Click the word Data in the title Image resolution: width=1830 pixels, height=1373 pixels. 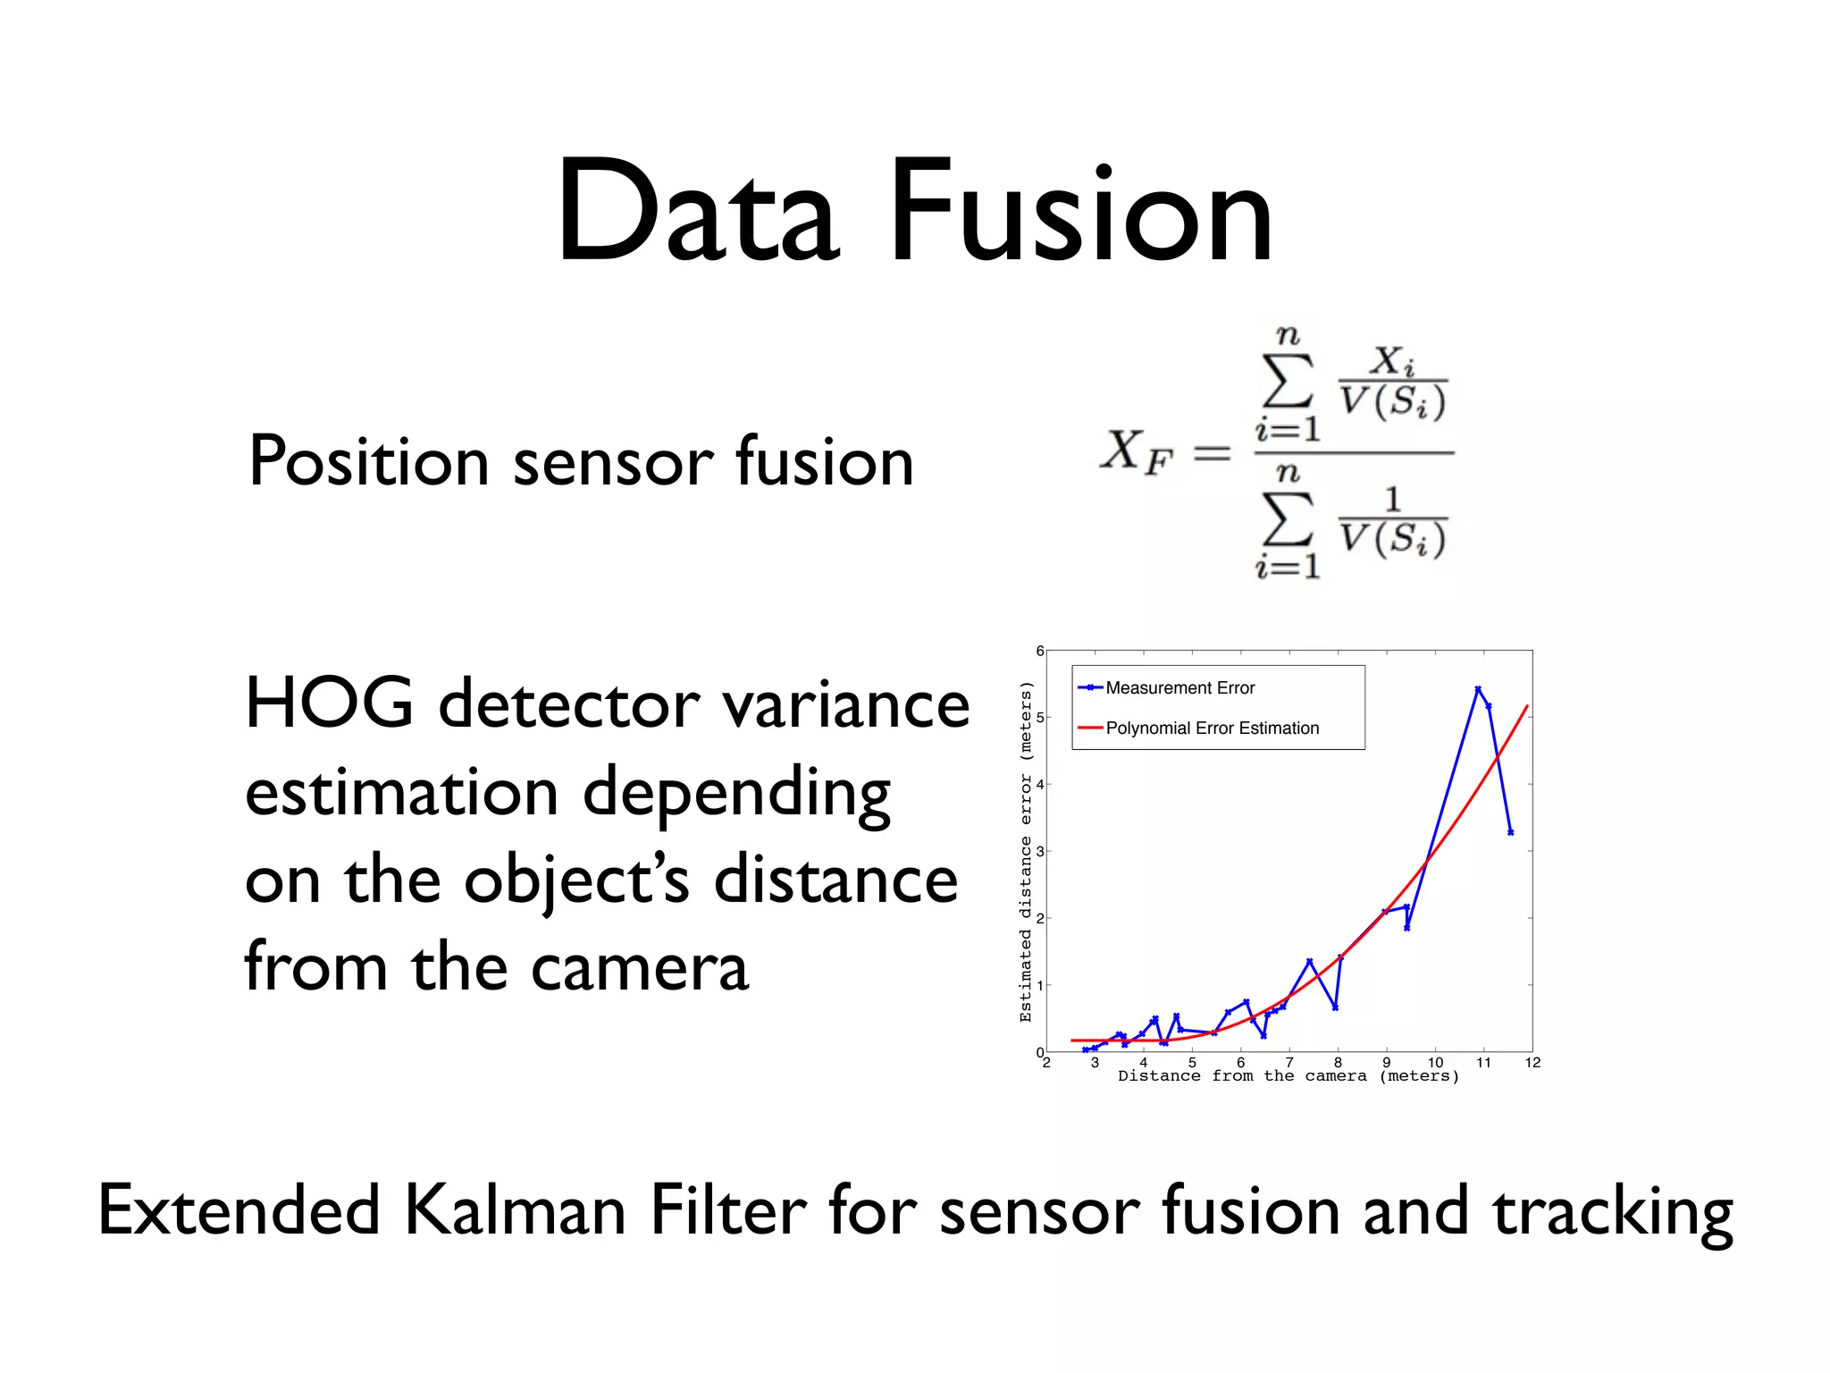click(x=697, y=213)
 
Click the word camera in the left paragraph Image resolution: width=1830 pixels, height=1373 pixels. click(x=639, y=968)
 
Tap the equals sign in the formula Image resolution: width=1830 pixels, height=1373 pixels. click(x=1212, y=454)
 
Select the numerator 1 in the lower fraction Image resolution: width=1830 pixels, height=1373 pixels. click(x=1391, y=499)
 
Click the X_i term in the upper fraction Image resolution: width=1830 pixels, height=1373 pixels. click(x=1392, y=361)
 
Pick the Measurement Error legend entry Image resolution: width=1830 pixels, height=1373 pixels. click(x=1179, y=687)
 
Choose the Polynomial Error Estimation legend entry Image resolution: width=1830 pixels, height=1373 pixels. click(x=1212, y=728)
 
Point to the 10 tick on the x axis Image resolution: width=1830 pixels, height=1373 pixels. click(x=1435, y=1062)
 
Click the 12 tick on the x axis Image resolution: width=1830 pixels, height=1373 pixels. click(x=1532, y=1062)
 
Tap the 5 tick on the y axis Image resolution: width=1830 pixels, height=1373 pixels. click(x=1040, y=717)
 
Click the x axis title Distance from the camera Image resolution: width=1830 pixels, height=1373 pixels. click(x=1288, y=1076)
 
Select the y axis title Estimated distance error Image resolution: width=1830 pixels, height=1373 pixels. click(x=1026, y=851)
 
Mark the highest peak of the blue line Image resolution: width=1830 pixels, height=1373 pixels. click(x=1478, y=689)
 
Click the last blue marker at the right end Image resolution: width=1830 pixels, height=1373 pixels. click(x=1510, y=832)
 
